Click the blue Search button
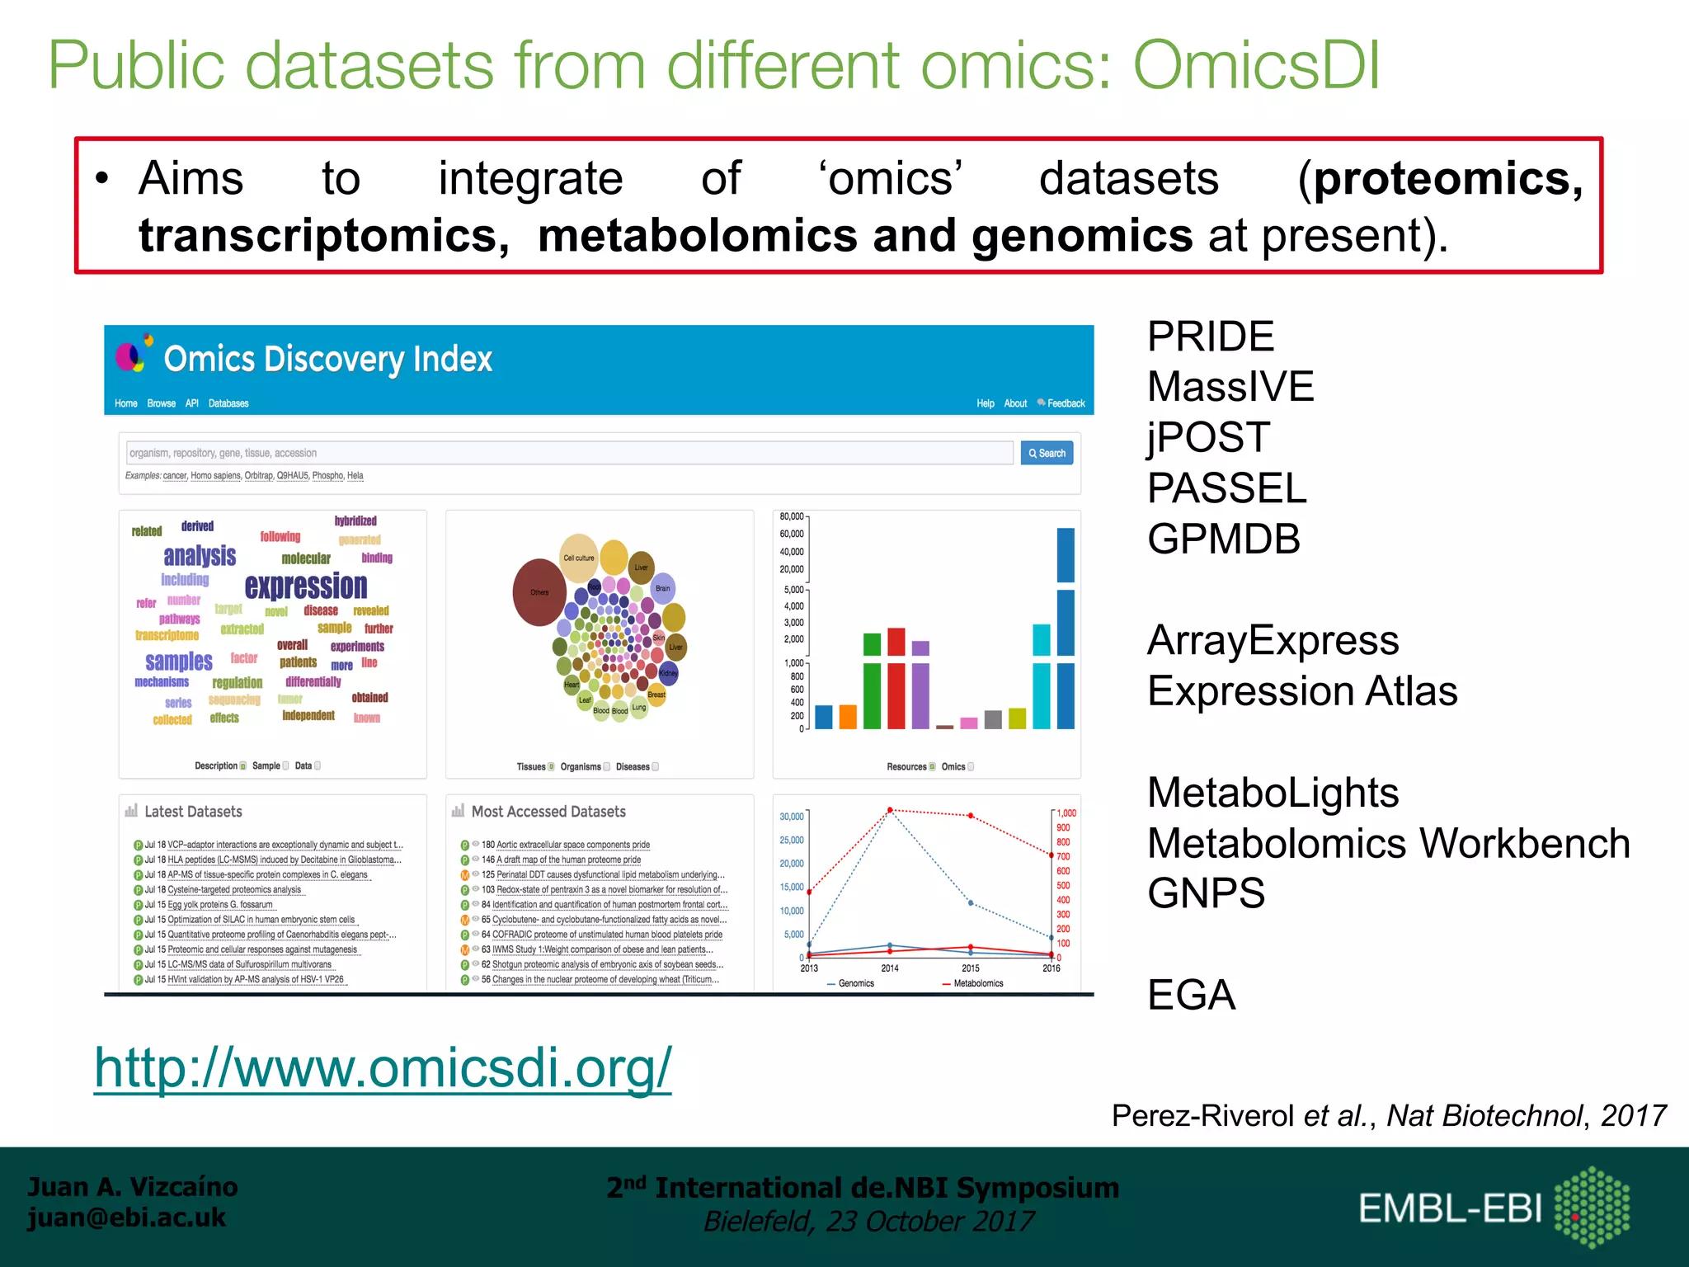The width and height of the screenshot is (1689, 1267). [x=1047, y=453]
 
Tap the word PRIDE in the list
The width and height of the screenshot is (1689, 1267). [x=1210, y=337]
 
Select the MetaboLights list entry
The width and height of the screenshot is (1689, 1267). [x=1272, y=793]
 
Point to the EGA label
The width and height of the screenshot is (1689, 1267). [x=1190, y=995]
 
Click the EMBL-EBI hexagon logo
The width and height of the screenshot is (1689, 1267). [x=1591, y=1207]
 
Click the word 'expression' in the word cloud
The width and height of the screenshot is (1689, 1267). [x=306, y=586]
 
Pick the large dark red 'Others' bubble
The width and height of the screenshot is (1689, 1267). [x=539, y=592]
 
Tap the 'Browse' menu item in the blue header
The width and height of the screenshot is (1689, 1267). [x=161, y=403]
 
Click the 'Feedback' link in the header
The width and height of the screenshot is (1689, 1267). [x=1065, y=403]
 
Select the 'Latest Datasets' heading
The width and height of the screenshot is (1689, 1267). [x=192, y=812]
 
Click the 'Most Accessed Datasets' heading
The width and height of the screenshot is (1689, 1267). [x=548, y=812]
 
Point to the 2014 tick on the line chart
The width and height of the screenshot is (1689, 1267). [x=889, y=968]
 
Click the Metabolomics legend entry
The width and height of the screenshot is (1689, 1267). [x=977, y=983]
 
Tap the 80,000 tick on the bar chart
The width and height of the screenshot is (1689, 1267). [x=791, y=516]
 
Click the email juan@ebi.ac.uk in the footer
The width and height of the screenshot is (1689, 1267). [x=126, y=1218]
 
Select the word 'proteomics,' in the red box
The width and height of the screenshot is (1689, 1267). [x=1448, y=179]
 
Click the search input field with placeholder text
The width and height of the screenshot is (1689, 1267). [x=569, y=453]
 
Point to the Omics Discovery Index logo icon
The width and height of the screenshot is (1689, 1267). [x=134, y=355]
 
